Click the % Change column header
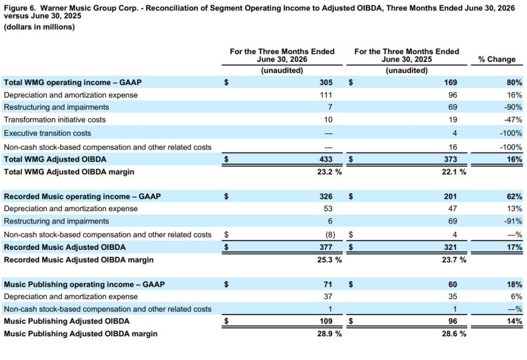tap(497, 59)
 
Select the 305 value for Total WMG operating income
tap(326, 82)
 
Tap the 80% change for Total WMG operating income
tap(514, 82)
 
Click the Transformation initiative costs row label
tap(55, 120)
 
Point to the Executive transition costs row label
tap(47, 133)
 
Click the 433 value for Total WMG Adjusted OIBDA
tap(326, 159)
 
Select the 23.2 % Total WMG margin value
tap(329, 172)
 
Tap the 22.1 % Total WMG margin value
tap(454, 172)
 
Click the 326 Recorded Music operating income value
tap(326, 197)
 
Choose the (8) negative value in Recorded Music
tap(330, 235)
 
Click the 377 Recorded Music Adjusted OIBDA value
tap(326, 247)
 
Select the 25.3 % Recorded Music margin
tap(329, 260)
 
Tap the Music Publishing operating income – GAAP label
tap(84, 285)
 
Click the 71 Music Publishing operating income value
tap(328, 285)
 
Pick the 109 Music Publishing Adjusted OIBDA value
tap(326, 321)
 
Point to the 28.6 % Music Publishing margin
tap(454, 334)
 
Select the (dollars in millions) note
tap(39, 27)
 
